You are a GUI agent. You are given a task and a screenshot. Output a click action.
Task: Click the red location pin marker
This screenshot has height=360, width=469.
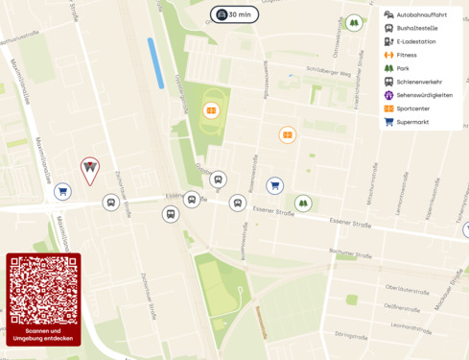coord(89,170)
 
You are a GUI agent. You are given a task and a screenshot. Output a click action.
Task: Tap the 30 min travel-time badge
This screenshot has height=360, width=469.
coord(234,14)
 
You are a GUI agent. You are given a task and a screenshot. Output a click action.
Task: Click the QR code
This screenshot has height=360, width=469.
coord(43,291)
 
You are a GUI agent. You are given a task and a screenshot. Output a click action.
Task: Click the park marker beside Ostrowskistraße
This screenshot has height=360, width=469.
coord(354,22)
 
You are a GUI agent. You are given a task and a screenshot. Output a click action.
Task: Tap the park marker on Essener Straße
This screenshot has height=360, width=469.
coord(303,203)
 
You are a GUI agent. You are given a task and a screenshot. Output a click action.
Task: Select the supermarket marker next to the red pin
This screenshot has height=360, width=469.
coord(62,191)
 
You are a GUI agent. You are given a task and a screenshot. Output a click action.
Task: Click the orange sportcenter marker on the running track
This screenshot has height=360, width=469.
coord(211,109)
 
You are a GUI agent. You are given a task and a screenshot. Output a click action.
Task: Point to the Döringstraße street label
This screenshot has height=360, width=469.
coord(352,335)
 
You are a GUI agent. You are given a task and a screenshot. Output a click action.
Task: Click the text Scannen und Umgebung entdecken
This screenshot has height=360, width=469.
coord(43,335)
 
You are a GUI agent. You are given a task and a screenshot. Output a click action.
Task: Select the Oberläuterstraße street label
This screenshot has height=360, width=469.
coord(407,287)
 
